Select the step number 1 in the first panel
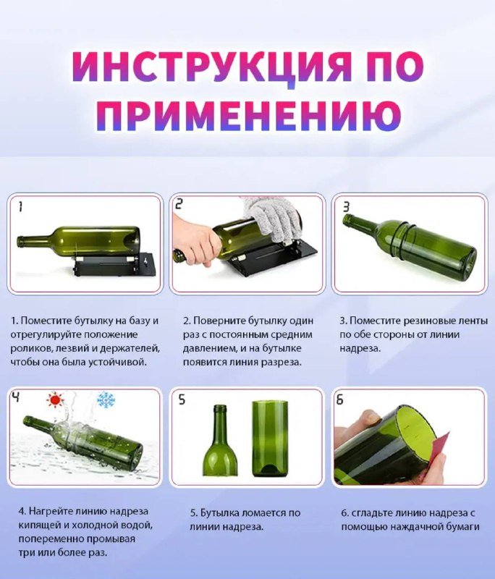[20, 206]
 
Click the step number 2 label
[179, 206]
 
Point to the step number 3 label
[346, 206]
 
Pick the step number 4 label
[16, 397]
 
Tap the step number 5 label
[182, 400]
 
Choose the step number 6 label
[340, 400]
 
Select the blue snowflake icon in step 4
[106, 399]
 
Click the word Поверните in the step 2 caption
[219, 320]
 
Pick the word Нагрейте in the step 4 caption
[49, 511]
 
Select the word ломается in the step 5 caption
[263, 512]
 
